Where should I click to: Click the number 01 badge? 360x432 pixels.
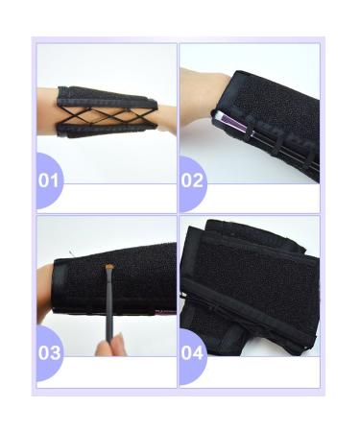(50, 180)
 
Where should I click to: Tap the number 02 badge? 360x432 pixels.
(193, 180)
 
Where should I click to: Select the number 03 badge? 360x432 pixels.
(50, 351)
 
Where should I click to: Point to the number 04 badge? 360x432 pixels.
(193, 351)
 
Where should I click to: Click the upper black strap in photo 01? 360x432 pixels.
(106, 94)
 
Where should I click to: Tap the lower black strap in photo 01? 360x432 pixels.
(106, 132)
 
